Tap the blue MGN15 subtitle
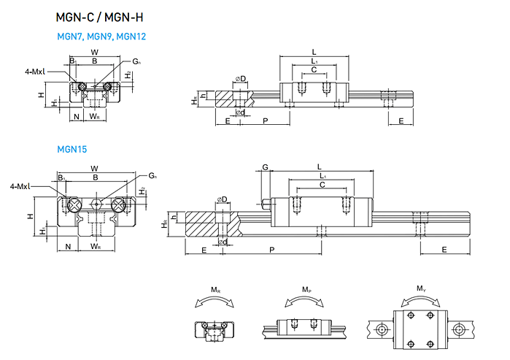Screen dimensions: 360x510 (72, 150)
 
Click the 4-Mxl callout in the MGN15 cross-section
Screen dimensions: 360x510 (20, 187)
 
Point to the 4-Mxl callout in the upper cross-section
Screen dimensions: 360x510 (35, 72)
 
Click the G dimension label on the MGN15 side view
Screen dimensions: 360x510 (266, 167)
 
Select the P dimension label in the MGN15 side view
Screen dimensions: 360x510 (272, 250)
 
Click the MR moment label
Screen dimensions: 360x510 (216, 290)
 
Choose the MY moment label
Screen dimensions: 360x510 (420, 290)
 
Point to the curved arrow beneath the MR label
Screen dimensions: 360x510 (216, 301)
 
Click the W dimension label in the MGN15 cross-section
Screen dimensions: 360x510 (94, 169)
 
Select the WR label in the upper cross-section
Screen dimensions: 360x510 (95, 117)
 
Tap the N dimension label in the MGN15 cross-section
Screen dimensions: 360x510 (68, 246)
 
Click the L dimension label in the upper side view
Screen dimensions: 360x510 (314, 52)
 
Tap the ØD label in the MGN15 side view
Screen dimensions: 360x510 (220, 199)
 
